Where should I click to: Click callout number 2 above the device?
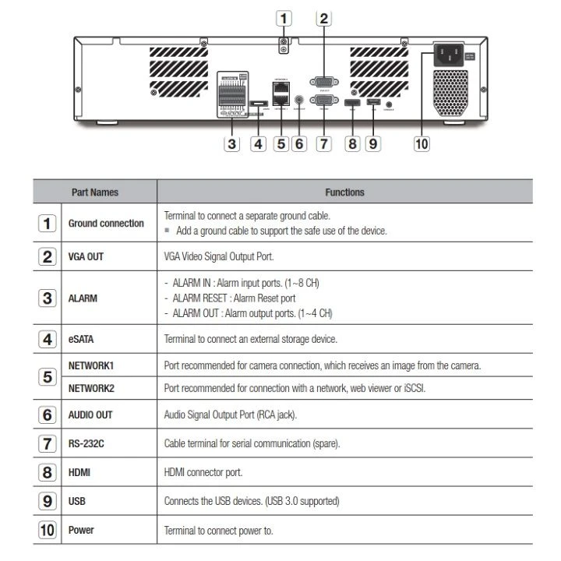click(x=324, y=18)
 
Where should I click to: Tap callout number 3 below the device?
click(x=231, y=144)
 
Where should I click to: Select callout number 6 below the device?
click(x=299, y=144)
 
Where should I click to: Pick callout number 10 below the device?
click(x=422, y=144)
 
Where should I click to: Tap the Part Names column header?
click(x=95, y=192)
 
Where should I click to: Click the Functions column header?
click(x=344, y=192)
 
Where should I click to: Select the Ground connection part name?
click(x=106, y=224)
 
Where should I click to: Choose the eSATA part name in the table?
click(x=82, y=339)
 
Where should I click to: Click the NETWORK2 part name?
click(x=91, y=388)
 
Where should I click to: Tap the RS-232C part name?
click(x=86, y=443)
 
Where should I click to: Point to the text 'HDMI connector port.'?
click(x=203, y=472)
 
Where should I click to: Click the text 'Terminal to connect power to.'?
click(x=218, y=530)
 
